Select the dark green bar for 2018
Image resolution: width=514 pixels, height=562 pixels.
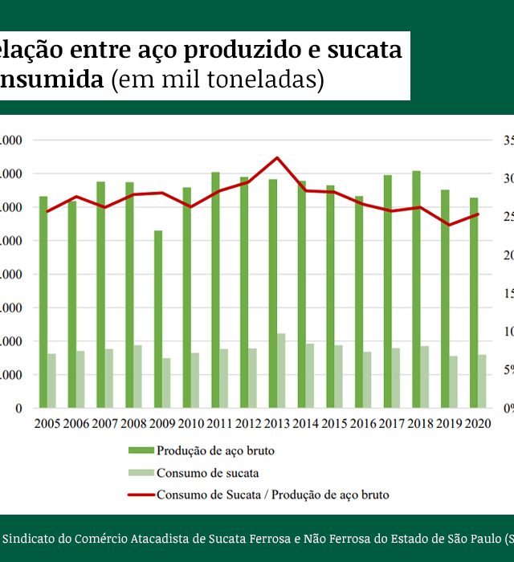416,289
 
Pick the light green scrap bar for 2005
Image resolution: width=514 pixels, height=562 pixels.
51,381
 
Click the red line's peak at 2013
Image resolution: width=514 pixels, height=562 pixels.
276,157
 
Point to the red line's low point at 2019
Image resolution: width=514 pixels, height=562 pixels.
448,225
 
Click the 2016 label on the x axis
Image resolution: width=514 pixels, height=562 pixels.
363,423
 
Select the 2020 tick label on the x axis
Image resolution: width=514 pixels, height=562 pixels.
478,423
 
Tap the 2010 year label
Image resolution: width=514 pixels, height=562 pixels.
190,423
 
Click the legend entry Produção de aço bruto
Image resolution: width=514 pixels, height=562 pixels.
215,450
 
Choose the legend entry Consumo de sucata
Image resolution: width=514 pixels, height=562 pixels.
207,473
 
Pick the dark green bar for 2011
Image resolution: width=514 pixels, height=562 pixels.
215,290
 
